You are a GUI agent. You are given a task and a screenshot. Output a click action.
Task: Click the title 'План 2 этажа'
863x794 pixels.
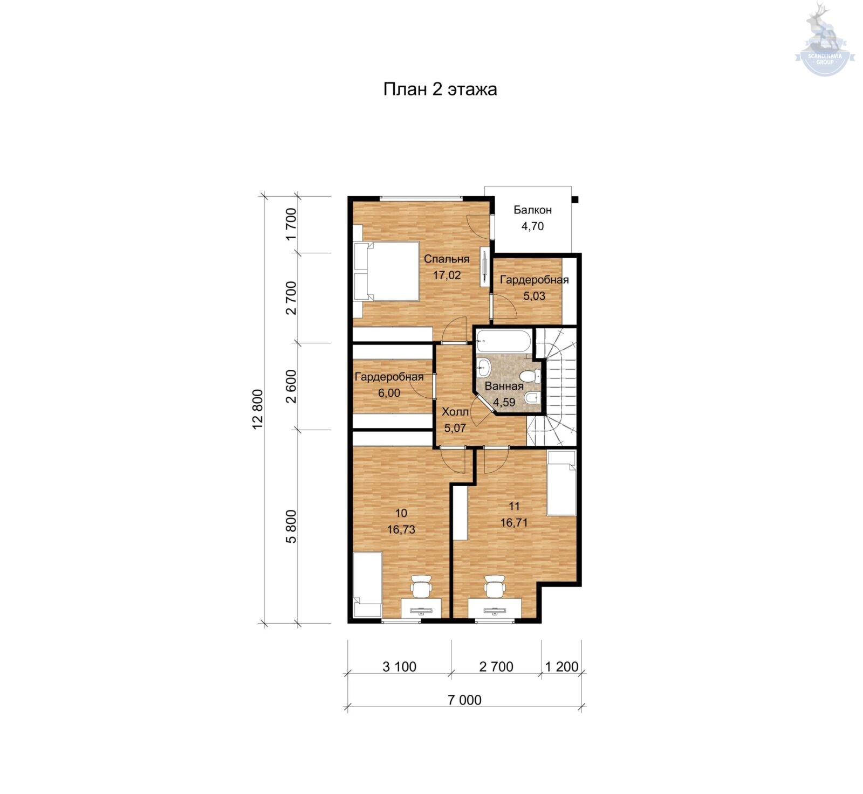(x=440, y=89)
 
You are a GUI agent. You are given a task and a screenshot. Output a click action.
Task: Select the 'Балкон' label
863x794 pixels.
(x=532, y=210)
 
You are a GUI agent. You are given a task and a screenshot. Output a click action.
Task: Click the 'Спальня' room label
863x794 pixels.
(x=447, y=259)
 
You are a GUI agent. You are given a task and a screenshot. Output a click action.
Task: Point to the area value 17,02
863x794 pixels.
(x=447, y=275)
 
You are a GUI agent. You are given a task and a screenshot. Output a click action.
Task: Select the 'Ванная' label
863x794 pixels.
(x=504, y=386)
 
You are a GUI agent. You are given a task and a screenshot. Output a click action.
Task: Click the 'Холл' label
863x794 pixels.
(x=455, y=413)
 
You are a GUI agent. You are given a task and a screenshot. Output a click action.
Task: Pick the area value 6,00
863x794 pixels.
(x=389, y=393)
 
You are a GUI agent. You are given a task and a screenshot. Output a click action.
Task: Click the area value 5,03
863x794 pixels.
(x=534, y=296)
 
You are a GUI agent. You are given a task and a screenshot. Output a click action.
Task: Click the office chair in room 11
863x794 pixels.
(x=494, y=586)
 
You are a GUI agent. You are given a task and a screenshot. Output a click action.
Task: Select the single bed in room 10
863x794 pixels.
(x=367, y=585)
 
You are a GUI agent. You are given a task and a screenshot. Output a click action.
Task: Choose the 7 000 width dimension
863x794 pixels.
(x=464, y=700)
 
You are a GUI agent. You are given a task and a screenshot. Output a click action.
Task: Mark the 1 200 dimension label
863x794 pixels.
(x=561, y=667)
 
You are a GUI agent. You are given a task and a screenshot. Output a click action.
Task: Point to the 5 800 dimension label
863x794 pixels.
(x=291, y=526)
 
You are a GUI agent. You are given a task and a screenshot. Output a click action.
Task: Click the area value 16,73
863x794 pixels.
(x=401, y=530)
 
